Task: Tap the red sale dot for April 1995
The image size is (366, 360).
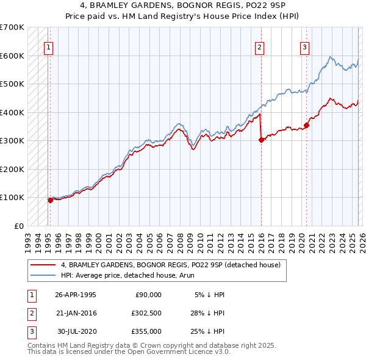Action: click(50, 200)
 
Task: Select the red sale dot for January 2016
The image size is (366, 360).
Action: click(261, 140)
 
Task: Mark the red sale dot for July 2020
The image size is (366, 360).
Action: click(307, 125)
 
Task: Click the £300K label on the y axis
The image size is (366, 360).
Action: click(12, 140)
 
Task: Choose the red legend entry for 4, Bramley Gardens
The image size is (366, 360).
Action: click(170, 265)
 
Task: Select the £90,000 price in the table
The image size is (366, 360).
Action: click(147, 294)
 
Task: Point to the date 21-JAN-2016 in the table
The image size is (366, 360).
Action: click(76, 312)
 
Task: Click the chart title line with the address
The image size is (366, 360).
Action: click(182, 5)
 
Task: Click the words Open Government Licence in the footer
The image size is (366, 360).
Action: click(163, 352)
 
